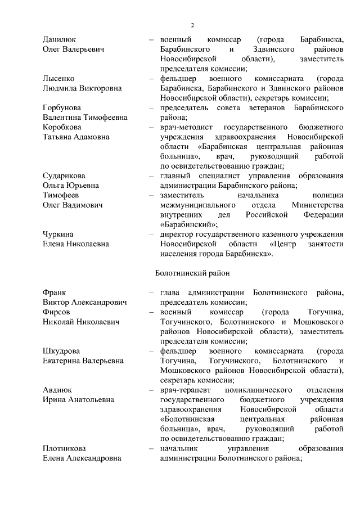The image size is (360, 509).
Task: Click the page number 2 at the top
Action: point(192,25)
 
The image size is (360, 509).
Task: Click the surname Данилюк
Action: point(60,39)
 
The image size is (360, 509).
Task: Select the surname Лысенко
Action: point(58,78)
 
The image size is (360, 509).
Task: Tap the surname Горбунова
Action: point(62,107)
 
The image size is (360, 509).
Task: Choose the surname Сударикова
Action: point(64,175)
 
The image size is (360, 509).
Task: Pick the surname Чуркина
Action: point(58,234)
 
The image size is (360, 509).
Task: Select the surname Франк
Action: point(54,292)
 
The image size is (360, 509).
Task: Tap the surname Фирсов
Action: point(56,312)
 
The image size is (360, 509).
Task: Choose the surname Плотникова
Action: point(65,448)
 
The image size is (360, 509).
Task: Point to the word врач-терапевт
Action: point(184,390)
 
